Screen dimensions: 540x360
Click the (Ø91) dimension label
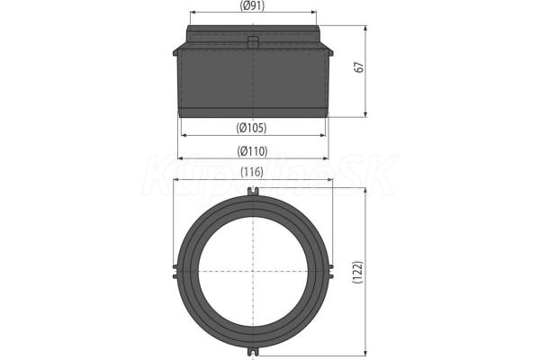[252, 6]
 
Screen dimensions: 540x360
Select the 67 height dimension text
[359, 67]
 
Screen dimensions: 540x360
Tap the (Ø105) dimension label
[252, 128]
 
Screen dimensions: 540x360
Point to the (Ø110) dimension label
[252, 151]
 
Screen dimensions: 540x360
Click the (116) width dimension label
[252, 172]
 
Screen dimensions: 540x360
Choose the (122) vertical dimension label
[358, 272]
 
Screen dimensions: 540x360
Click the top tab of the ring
[253, 192]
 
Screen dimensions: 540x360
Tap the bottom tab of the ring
[253, 351]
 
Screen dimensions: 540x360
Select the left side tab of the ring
[175, 271]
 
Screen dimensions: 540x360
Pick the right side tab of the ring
[330, 271]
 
